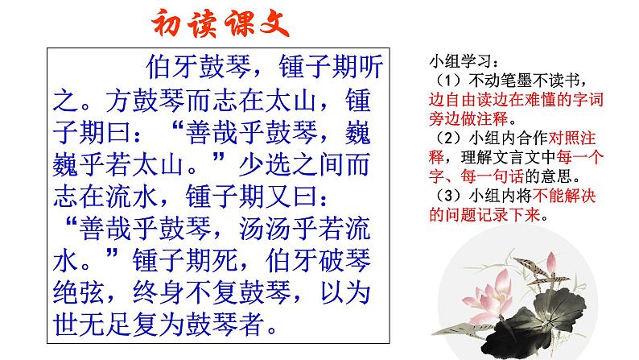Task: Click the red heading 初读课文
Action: click(x=221, y=23)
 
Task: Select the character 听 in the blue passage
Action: click(x=370, y=67)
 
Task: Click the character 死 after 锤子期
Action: click(x=225, y=261)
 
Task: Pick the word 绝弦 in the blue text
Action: click(x=79, y=292)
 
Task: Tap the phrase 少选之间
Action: click(x=291, y=164)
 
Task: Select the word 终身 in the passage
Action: click(x=159, y=292)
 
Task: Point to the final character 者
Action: click(x=251, y=325)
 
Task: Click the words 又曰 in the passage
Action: click(x=292, y=197)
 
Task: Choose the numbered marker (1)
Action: click(x=449, y=81)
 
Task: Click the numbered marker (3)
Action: click(x=449, y=196)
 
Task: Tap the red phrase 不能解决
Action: click(x=564, y=196)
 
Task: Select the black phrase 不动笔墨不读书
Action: click(x=525, y=81)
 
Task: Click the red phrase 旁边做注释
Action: click(x=468, y=119)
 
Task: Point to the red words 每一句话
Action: click(x=492, y=177)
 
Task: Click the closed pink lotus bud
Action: click(x=551, y=263)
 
